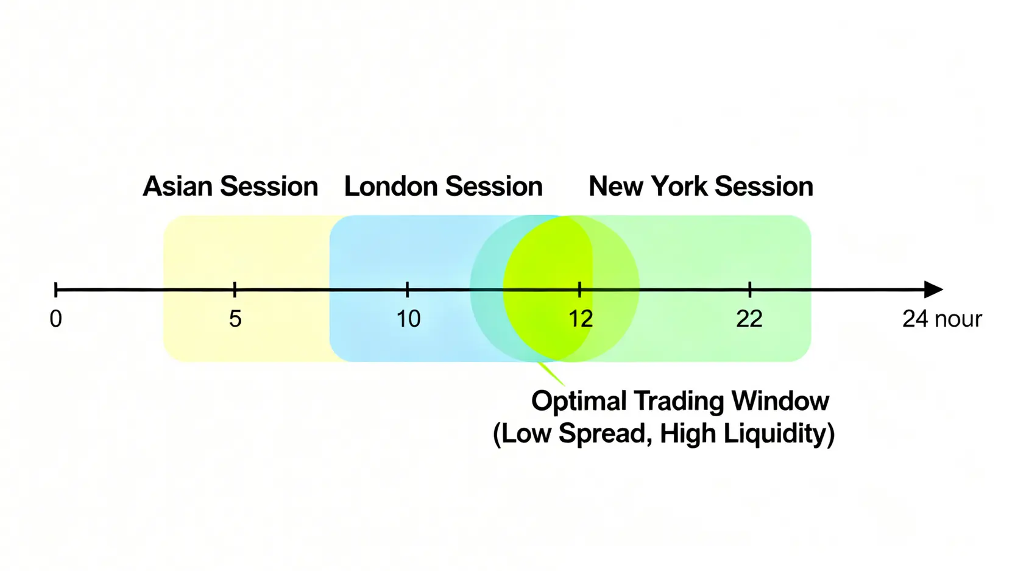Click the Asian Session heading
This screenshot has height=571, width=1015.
(x=230, y=186)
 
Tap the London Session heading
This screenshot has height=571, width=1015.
(x=443, y=186)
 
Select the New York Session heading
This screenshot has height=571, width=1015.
(x=701, y=186)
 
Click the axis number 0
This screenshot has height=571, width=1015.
(x=55, y=319)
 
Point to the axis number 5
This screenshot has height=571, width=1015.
(x=235, y=319)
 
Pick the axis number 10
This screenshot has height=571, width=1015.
(x=408, y=319)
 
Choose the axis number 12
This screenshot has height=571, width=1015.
(x=581, y=319)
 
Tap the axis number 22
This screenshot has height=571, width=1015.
(x=749, y=319)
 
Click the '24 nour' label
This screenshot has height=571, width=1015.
(x=942, y=319)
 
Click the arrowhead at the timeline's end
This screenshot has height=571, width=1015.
(x=933, y=289)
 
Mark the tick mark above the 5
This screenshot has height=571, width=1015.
(x=235, y=289)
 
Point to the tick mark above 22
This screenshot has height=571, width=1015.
(x=750, y=289)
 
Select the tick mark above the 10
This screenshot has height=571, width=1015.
(x=408, y=289)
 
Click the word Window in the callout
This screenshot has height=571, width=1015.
(x=780, y=401)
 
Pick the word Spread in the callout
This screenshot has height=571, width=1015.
(x=606, y=434)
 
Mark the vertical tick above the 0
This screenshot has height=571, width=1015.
(x=55, y=289)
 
